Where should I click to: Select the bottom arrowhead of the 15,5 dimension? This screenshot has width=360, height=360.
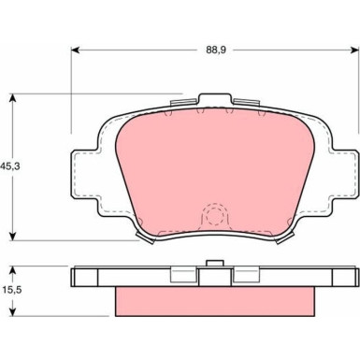[12, 311]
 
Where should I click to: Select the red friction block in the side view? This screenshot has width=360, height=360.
[214, 299]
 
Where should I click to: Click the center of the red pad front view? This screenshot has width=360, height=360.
[214, 168]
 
